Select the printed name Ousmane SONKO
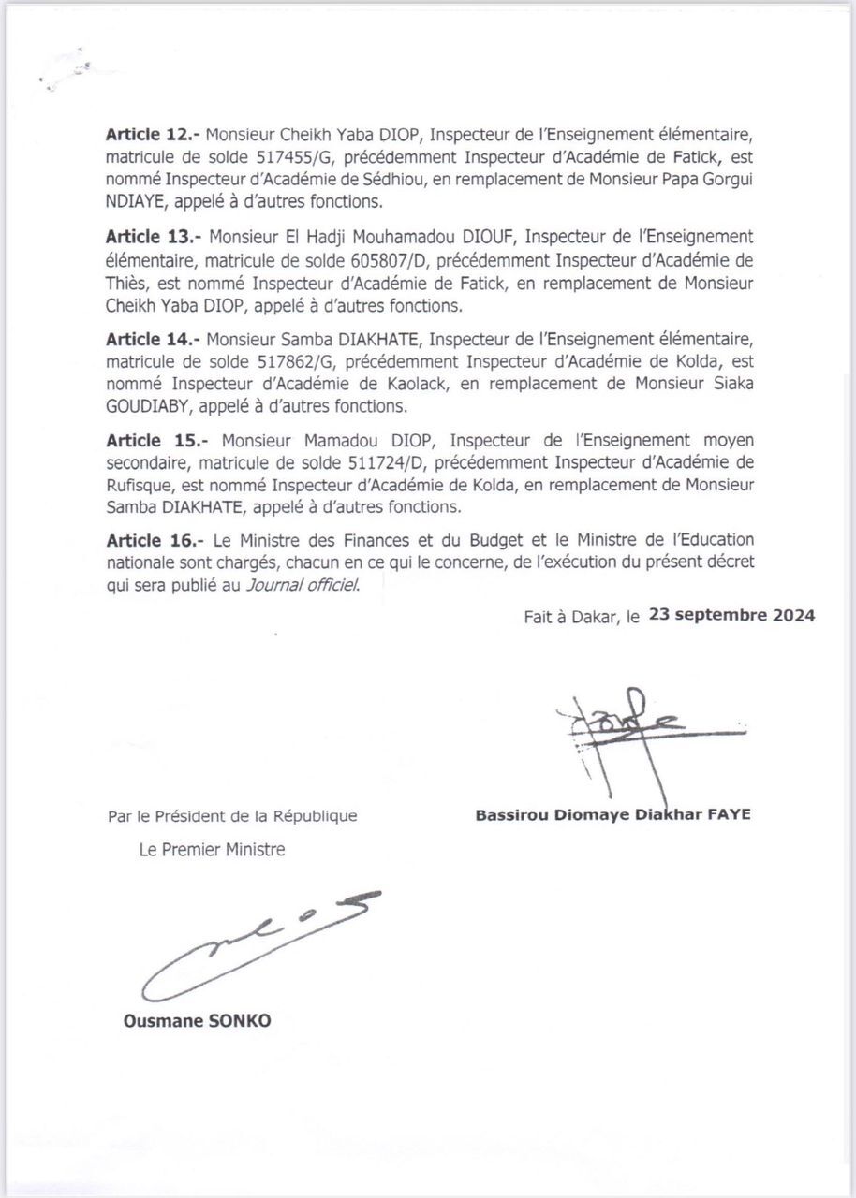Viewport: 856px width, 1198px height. [197, 1021]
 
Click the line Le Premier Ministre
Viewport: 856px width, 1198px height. [212, 850]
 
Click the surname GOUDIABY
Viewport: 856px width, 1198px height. [151, 406]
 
